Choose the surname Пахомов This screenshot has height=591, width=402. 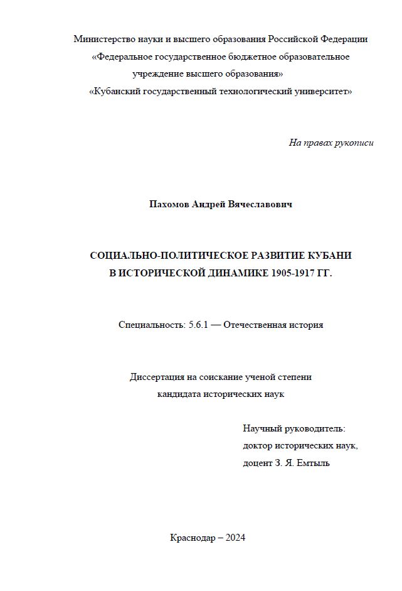169,205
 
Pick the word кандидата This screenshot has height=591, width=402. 179,394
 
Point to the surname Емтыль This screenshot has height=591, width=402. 314,464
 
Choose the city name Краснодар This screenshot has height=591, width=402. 191,538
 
